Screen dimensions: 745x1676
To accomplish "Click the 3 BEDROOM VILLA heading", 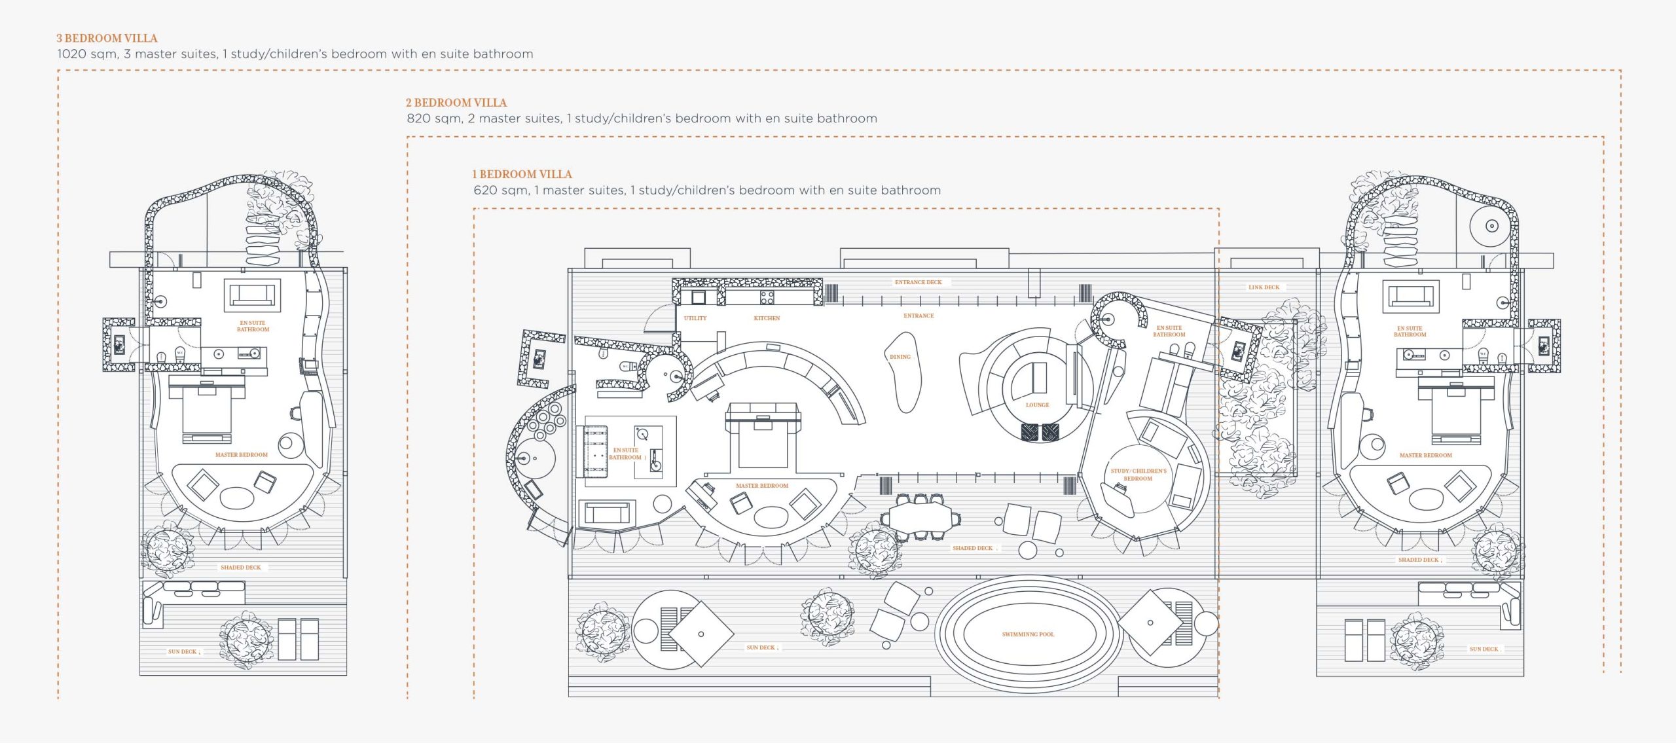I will (107, 39).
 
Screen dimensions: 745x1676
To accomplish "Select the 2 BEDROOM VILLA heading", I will (456, 103).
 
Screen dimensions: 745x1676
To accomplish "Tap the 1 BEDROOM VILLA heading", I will (522, 175).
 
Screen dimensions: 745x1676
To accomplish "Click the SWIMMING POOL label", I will (1028, 634).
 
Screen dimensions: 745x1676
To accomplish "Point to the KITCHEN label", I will (767, 318).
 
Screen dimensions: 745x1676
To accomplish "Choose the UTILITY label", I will (695, 318).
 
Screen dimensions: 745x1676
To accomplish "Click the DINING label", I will (900, 357).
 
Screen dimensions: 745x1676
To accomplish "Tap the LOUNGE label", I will (1037, 405).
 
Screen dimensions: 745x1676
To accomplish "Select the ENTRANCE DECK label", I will (918, 282).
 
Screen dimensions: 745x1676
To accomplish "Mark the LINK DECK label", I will (1264, 287).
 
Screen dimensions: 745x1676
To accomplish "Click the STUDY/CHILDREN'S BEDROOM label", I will (1139, 475).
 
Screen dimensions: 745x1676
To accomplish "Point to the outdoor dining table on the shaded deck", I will (920, 518).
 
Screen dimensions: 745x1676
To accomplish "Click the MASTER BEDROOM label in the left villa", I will (242, 455).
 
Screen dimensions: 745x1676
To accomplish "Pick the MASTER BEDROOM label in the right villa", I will (1425, 455).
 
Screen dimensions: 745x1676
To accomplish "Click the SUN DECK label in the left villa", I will (183, 652).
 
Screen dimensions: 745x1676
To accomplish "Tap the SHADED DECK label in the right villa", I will (1418, 560).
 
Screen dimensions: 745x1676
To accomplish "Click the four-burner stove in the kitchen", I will (767, 298).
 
